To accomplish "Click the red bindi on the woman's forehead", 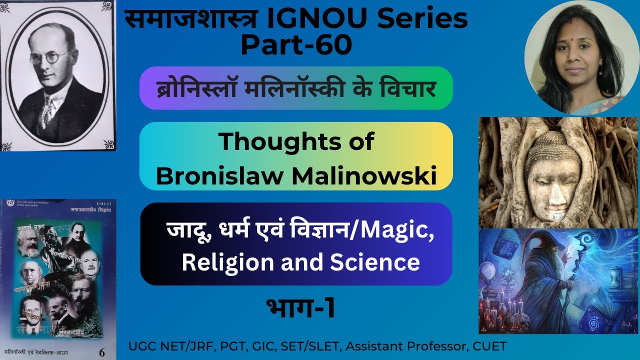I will tap(570, 36).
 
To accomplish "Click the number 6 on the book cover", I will tap(102, 352).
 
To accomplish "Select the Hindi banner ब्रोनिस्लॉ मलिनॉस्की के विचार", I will tap(296, 88).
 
